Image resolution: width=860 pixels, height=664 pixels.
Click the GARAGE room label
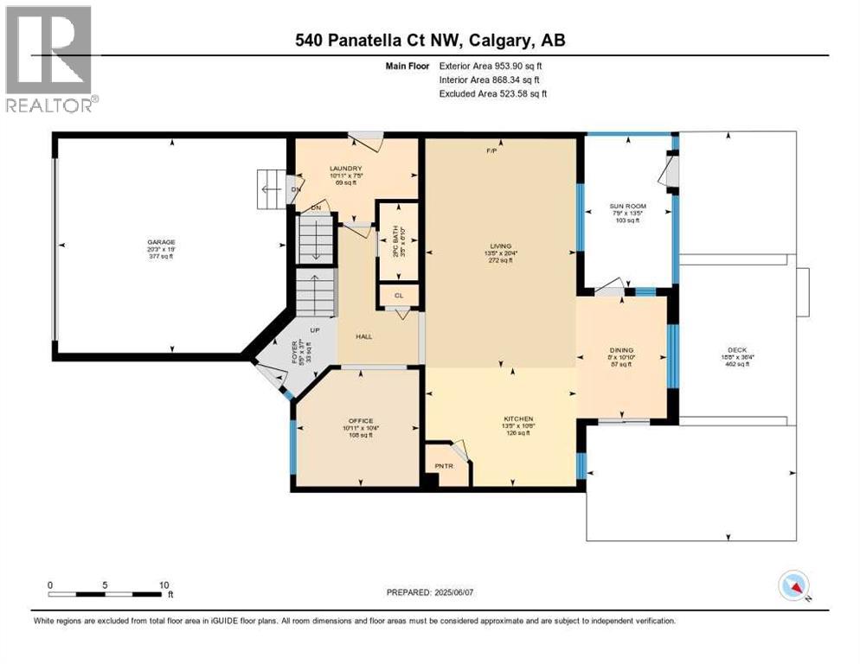coord(158,242)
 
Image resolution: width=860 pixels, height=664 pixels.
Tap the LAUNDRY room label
coord(344,168)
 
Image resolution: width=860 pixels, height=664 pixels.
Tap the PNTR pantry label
coord(445,466)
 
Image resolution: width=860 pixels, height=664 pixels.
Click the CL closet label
coord(399,296)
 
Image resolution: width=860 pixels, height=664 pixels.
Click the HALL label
coord(363,336)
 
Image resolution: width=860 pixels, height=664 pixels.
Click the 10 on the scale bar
coord(164,584)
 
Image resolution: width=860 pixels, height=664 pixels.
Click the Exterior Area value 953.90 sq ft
coord(516,65)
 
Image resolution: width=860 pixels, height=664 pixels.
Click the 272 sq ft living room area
coord(499,260)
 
